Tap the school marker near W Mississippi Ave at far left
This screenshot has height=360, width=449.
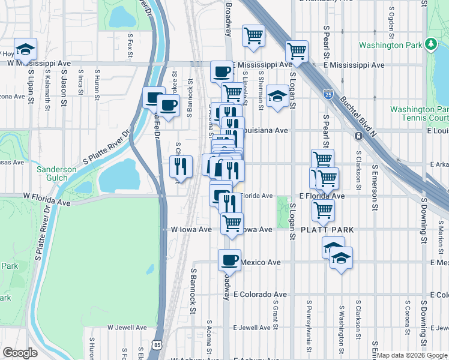tap(25, 49)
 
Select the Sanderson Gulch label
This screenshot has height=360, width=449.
tap(56, 173)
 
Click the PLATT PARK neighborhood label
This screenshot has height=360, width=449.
tap(327, 230)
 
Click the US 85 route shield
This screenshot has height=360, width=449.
tap(157, 344)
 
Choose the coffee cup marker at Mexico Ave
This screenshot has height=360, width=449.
tap(229, 260)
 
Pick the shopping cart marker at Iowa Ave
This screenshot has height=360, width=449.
tap(232, 223)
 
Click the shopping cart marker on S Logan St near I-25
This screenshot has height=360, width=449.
tap(297, 51)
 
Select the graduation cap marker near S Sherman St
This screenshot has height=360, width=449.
tap(277, 96)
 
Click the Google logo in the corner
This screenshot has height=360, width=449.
tap(20, 353)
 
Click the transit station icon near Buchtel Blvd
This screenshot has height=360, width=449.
tap(358, 136)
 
